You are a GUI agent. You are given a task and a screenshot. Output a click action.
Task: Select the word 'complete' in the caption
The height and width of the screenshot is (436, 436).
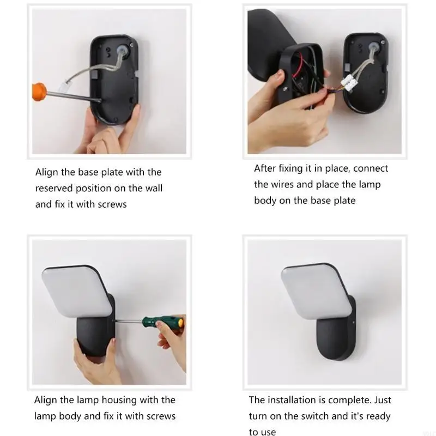click(352, 400)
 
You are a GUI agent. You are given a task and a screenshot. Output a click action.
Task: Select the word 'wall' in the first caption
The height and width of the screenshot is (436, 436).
click(153, 188)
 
